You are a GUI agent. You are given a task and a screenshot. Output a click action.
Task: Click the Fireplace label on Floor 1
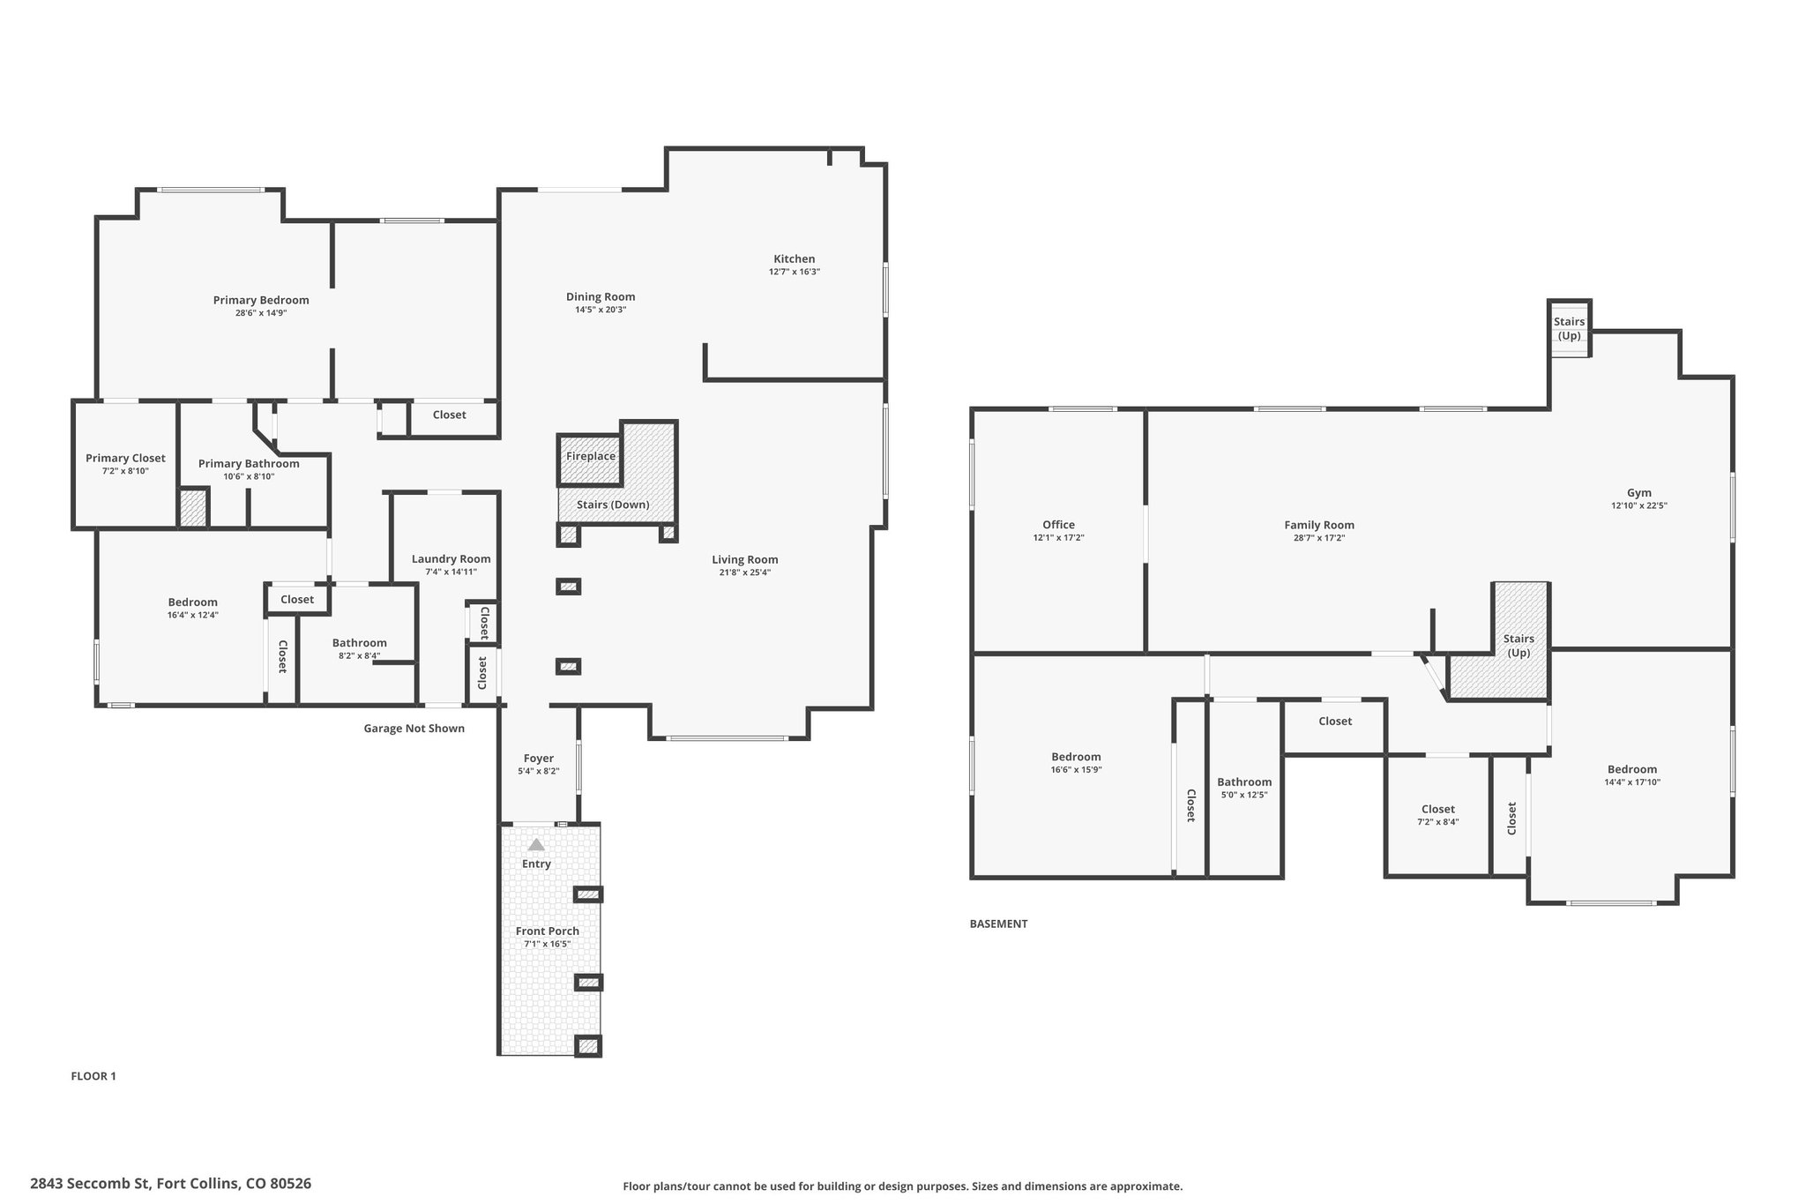pos(591,456)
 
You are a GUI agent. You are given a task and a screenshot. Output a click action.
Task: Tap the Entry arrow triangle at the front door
pos(536,845)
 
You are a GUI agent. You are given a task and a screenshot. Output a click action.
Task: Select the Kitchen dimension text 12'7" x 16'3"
pos(795,272)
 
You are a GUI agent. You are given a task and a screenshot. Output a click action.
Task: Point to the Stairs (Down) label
pos(613,505)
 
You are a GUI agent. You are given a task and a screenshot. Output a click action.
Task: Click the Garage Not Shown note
pos(414,729)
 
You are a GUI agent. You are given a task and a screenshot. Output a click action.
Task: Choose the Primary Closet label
pos(125,458)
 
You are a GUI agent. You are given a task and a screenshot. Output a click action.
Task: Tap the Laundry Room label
pos(451,558)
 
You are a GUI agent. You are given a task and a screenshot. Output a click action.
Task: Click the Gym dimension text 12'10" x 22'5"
pos(1639,506)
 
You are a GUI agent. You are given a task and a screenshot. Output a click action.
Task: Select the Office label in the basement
pos(1058,525)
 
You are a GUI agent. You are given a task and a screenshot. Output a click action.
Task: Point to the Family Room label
pos(1319,525)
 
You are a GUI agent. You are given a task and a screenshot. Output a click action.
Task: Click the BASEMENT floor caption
pos(998,924)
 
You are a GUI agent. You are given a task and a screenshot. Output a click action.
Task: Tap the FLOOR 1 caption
pos(93,1076)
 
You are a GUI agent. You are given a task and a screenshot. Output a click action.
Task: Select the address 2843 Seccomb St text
pos(92,1184)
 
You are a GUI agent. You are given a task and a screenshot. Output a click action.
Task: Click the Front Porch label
pos(548,931)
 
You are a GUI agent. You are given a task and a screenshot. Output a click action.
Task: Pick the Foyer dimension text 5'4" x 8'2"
pos(539,772)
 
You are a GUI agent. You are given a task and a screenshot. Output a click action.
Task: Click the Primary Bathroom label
pos(249,464)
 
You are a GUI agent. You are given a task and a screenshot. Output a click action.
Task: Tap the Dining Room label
pos(601,296)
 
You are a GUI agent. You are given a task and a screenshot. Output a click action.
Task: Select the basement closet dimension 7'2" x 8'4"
pos(1438,822)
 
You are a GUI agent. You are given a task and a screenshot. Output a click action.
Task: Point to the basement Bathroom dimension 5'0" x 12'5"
pos(1244,795)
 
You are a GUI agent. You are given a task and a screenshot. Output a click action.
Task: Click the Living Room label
pos(745,559)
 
